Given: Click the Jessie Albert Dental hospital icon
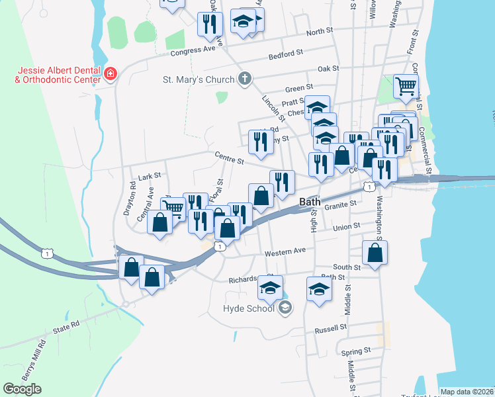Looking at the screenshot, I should (111, 73).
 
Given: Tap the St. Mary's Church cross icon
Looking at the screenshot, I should (245, 79).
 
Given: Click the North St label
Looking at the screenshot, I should (320, 32).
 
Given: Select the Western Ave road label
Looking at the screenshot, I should (285, 253).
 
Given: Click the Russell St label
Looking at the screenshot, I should (331, 328).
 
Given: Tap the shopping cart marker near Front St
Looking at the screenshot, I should (406, 86).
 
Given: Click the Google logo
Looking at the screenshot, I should (22, 389).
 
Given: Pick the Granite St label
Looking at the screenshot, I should (341, 206).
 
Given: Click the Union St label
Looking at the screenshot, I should (346, 227).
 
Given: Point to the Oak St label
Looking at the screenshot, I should (328, 68).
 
